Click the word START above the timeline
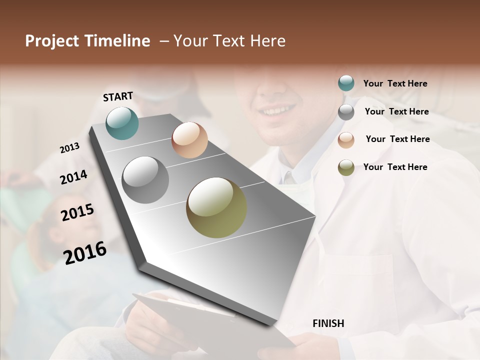118,96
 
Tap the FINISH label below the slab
328,323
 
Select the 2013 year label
70,148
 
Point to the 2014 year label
73,177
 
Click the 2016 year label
85,253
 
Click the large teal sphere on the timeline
122,123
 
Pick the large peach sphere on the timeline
189,140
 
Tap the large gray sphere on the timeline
145,180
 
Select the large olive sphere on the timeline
216,207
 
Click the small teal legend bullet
346,83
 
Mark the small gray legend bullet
346,112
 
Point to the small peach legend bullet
346,140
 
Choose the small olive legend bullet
346,167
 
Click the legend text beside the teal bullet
395,83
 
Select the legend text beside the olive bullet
395,167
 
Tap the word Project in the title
52,41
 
